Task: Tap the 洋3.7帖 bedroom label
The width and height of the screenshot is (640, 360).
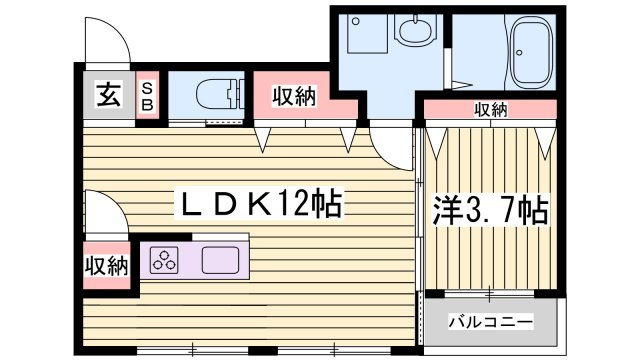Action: [x=490, y=211]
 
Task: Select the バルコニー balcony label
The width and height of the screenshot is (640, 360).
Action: [x=491, y=322]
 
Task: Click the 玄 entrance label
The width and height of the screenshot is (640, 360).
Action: [x=109, y=95]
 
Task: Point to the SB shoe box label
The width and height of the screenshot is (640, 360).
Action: [x=147, y=96]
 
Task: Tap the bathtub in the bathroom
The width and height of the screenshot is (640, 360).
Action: [x=532, y=52]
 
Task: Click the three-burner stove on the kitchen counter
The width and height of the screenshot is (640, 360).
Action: [x=164, y=260]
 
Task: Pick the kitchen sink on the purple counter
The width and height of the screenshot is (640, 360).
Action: [x=220, y=260]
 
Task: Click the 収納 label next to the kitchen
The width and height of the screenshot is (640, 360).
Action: [x=107, y=267]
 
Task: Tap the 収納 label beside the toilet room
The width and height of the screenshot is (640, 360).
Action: [x=294, y=97]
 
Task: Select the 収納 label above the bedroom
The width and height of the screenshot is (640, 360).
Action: [x=491, y=109]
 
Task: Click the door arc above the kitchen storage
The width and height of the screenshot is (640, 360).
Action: [x=116, y=203]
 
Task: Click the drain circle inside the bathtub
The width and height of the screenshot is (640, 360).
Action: [x=519, y=53]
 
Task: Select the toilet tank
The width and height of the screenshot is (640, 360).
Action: [x=236, y=95]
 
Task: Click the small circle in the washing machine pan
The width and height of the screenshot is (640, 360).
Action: [x=356, y=21]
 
